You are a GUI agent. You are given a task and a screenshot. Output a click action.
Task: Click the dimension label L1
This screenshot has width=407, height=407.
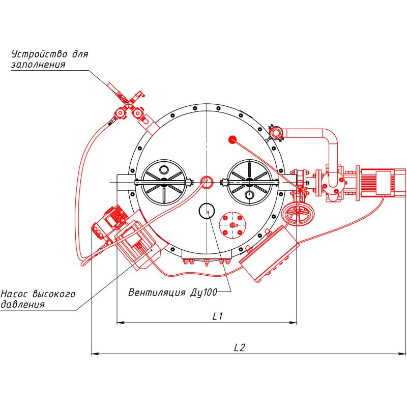218,316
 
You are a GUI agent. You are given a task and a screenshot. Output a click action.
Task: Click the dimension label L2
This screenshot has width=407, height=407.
240,347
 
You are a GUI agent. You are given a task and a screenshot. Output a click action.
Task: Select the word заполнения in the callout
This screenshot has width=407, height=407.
38,65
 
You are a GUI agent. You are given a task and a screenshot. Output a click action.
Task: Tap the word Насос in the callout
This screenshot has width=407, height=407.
15,294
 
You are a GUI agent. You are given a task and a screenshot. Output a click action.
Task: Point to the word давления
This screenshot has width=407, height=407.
22,304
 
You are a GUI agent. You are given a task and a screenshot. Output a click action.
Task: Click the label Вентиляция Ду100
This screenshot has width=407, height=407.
173,292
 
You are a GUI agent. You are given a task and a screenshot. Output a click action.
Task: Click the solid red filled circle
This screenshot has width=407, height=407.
233,138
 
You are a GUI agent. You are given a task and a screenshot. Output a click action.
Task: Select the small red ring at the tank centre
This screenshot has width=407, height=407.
207,181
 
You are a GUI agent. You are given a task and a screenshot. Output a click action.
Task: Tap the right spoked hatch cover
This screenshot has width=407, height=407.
249,182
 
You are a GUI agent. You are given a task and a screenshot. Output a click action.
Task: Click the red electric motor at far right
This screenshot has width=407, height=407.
382,182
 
